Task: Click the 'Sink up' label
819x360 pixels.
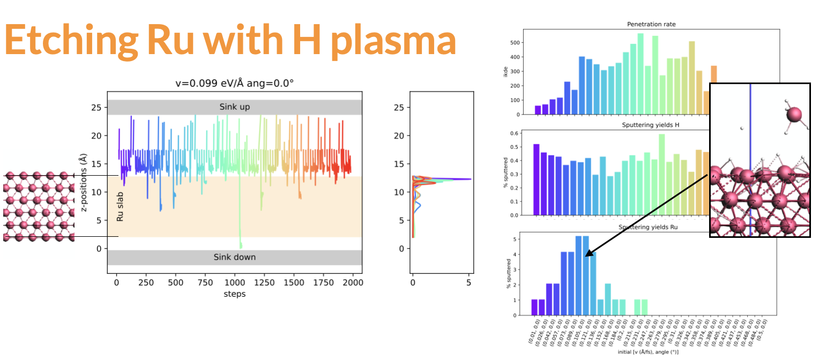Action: (235, 107)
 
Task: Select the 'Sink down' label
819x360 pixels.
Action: (234, 257)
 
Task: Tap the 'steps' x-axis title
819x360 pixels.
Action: (234, 294)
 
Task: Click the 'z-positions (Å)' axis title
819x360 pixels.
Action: (83, 182)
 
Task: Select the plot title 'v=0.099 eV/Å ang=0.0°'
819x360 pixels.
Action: (235, 84)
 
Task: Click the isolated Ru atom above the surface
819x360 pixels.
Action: (794, 115)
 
